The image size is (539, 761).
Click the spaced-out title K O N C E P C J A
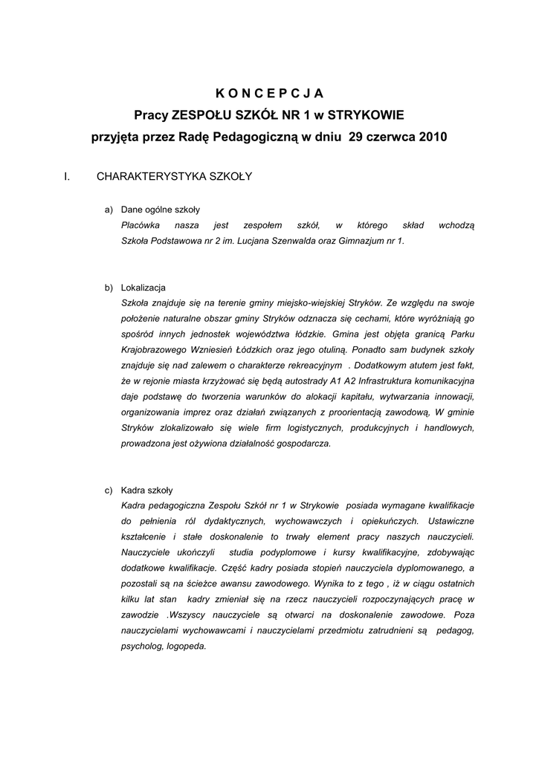click(x=269, y=93)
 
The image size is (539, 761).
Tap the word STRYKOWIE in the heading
click(x=366, y=115)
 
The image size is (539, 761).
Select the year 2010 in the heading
click(x=433, y=137)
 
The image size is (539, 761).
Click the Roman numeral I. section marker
click(x=68, y=177)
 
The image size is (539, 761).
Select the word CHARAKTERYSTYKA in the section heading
click(x=141, y=177)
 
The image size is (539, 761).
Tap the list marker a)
click(x=109, y=210)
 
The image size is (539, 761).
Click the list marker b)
click(x=109, y=288)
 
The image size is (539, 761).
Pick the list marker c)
click(x=109, y=490)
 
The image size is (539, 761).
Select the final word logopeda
click(x=187, y=646)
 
